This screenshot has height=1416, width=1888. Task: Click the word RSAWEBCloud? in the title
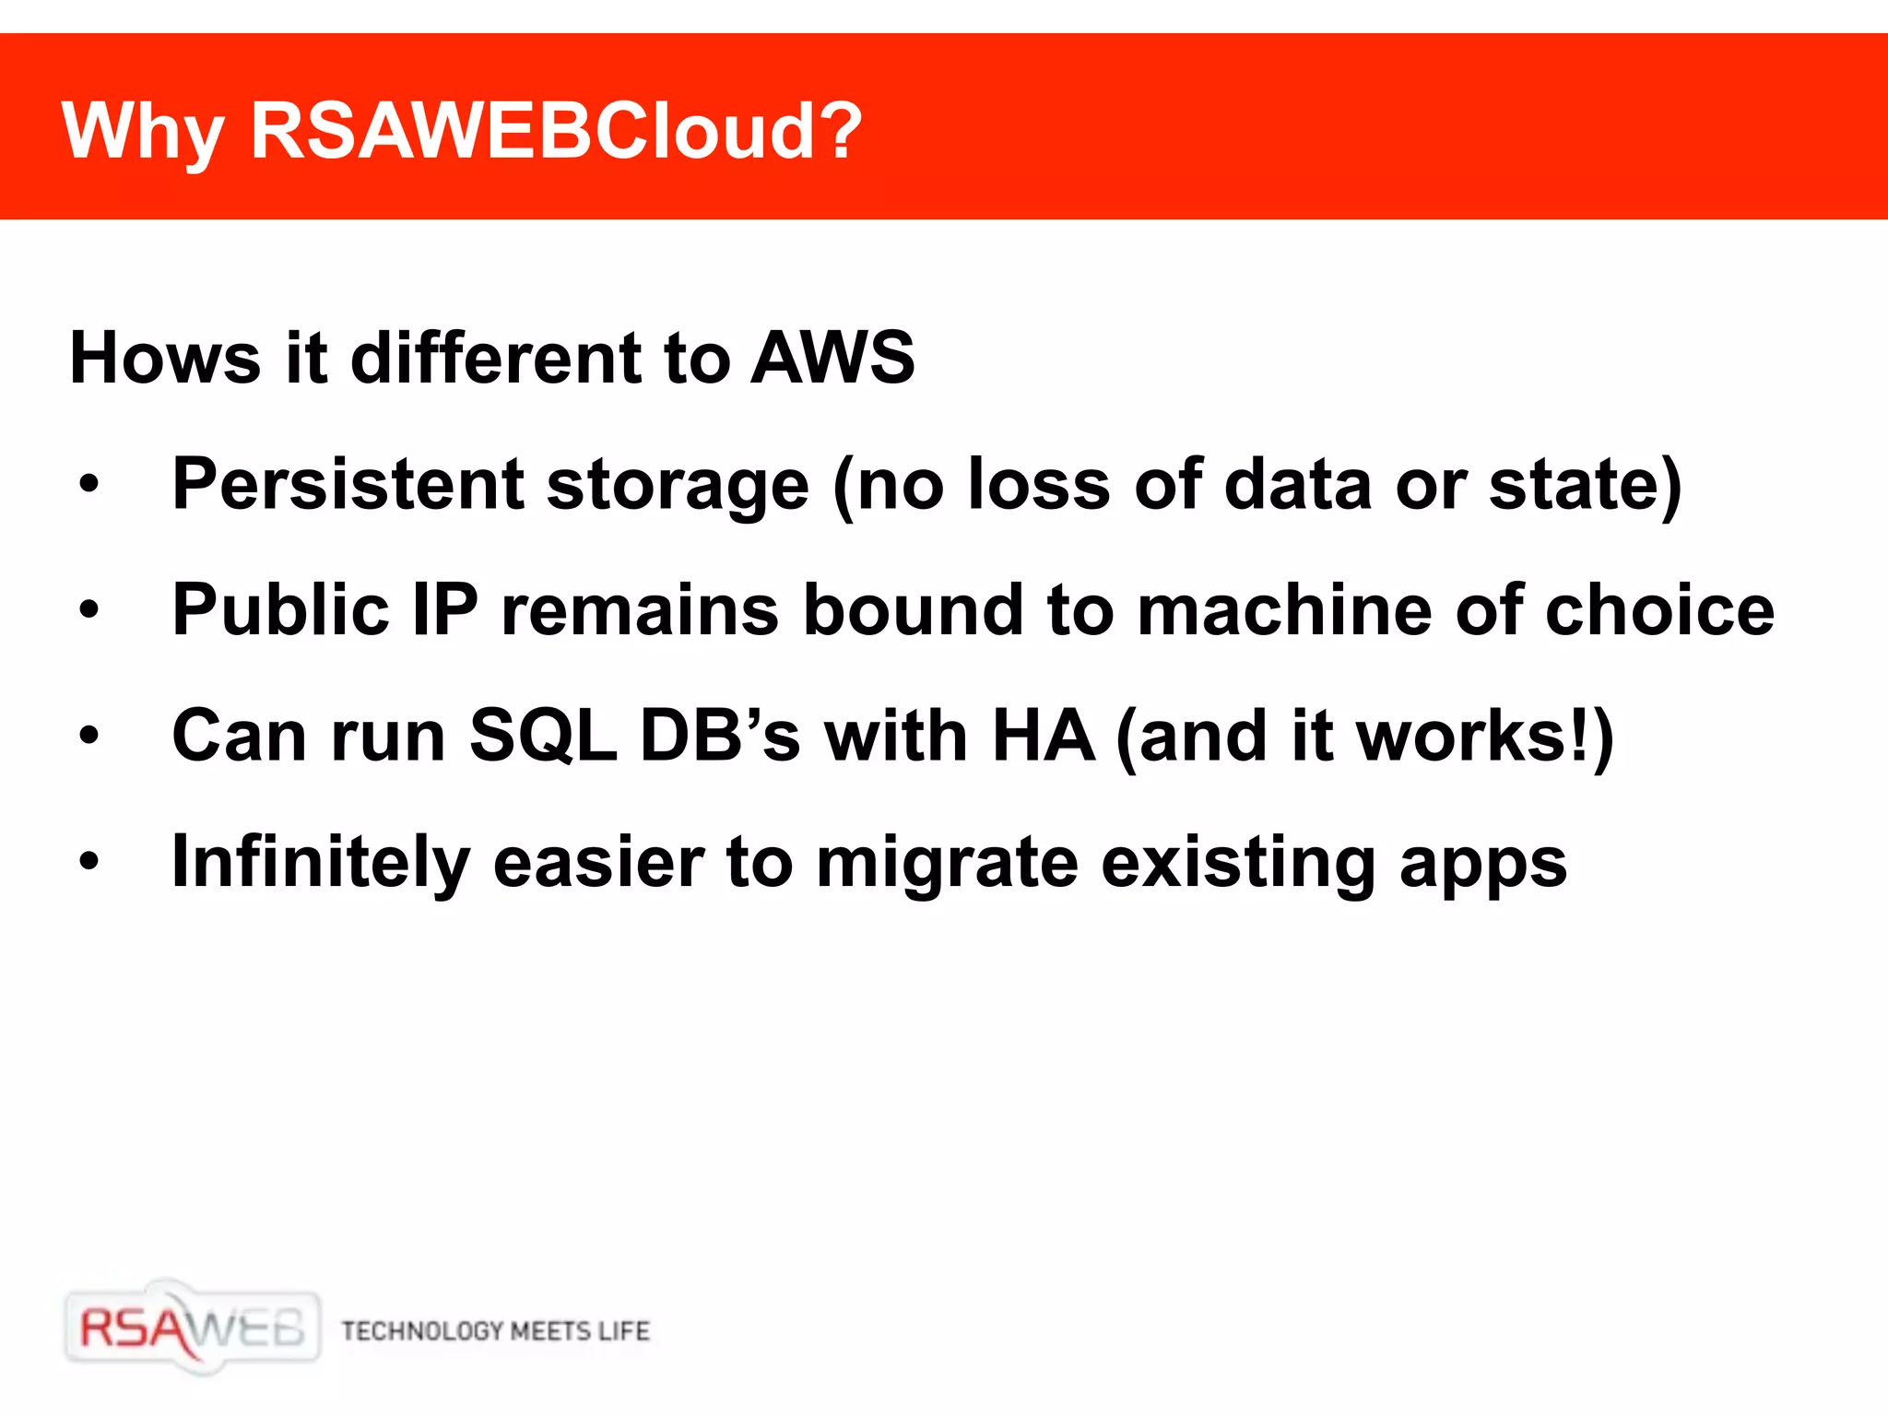pos(556,132)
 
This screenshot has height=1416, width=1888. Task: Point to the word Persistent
pos(348,484)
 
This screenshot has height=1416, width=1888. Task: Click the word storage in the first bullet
pos(678,486)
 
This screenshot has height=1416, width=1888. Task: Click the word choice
pos(1659,610)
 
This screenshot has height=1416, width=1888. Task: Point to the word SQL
pos(543,737)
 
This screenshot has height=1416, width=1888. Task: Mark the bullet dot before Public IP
pos(88,609)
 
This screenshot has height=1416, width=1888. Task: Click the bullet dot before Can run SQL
pos(88,736)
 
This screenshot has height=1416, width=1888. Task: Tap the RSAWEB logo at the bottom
pos(193,1328)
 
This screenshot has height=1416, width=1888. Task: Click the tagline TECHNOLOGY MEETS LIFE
pos(496,1331)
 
